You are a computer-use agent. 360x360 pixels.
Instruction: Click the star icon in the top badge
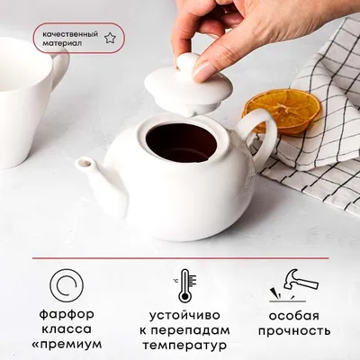pos(110,38)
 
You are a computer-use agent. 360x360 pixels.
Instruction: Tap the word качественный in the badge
pos(70,34)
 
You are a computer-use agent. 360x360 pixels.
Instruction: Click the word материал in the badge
pos(62,43)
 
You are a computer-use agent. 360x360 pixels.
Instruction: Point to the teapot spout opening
pos(84,163)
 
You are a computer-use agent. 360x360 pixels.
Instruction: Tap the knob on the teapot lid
pos(187,64)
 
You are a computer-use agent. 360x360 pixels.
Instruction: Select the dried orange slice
pos(281,112)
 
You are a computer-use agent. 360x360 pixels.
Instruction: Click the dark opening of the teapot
pos(181,142)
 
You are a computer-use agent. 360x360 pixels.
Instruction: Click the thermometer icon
pos(184,285)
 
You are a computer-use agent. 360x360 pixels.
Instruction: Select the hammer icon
pos(295,283)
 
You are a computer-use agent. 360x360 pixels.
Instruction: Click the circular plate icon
pos(67,284)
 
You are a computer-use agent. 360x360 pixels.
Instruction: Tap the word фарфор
pos(67,315)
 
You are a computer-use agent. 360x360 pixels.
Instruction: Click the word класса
pos(67,329)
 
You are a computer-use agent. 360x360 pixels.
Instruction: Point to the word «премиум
pos(67,345)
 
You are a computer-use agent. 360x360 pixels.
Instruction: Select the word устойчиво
pos(184,316)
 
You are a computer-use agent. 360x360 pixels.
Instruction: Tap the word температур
pos(184,346)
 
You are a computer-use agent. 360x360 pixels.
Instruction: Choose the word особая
pos(294,316)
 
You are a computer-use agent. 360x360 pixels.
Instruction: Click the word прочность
pos(294,331)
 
